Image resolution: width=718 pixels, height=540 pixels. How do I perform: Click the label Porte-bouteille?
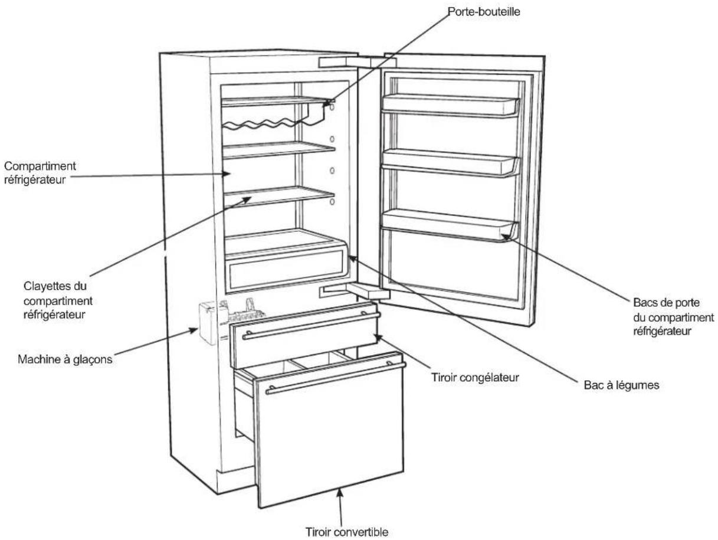pyautogui.click(x=484, y=12)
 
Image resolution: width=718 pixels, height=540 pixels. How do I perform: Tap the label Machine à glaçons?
pyautogui.click(x=65, y=359)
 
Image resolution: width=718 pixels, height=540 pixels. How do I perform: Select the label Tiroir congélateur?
pyautogui.click(x=475, y=378)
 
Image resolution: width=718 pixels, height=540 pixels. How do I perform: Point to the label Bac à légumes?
pyautogui.click(x=621, y=385)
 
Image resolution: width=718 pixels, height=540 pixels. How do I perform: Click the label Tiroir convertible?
pyautogui.click(x=347, y=532)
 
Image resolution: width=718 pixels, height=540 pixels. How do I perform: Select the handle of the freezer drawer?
pyautogui.click(x=311, y=326)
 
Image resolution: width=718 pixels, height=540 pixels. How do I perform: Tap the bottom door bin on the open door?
pyautogui.click(x=449, y=225)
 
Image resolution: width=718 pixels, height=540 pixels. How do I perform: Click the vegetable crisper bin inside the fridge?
pyautogui.click(x=285, y=260)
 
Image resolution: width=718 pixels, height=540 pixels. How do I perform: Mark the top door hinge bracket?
pyautogui.click(x=357, y=63)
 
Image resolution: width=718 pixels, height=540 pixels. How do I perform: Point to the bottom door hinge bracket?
pyautogui.click(x=355, y=291)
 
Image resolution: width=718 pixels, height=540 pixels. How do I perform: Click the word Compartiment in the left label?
pyautogui.click(x=40, y=166)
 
